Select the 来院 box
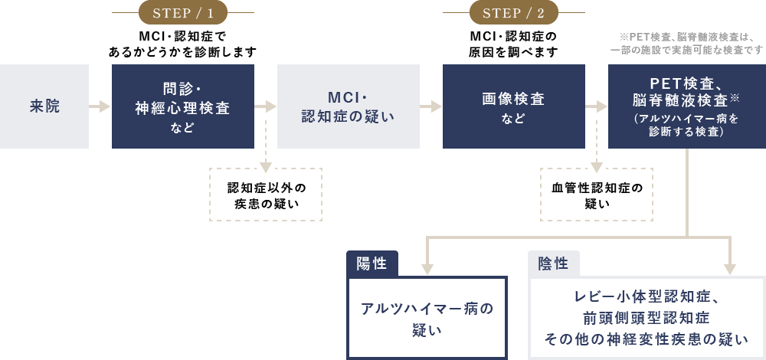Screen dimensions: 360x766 click(x=44, y=106)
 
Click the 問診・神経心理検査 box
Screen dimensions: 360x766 click(x=183, y=106)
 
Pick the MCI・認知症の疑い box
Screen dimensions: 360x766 click(x=349, y=106)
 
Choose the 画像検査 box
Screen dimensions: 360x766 click(x=514, y=106)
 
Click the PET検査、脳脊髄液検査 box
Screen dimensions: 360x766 click(x=686, y=106)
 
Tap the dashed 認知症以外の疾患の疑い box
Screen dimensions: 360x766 click(x=266, y=195)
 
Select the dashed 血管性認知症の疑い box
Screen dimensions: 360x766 click(x=597, y=195)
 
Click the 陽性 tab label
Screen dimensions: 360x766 click(x=372, y=264)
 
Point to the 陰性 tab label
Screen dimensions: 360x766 click(x=553, y=264)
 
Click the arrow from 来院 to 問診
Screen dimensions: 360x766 click(x=100, y=106)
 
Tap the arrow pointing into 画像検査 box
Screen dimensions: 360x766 click(x=431, y=106)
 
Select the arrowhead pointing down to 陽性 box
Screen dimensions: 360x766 click(x=427, y=268)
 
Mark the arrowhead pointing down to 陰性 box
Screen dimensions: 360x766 click(x=730, y=268)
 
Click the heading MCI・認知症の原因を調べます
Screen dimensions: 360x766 click(x=513, y=44)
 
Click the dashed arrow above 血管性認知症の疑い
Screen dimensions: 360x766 click(x=597, y=157)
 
